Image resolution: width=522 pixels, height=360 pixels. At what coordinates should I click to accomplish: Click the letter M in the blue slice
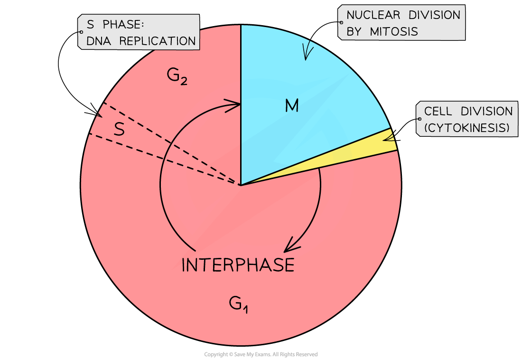click(292, 106)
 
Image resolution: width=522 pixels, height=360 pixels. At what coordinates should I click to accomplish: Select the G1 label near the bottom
click(238, 303)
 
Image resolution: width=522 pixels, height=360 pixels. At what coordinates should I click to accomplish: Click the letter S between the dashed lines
click(119, 130)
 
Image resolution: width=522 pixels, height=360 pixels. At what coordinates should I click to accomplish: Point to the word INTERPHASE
click(238, 265)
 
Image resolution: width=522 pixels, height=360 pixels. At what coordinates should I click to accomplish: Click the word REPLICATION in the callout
click(158, 41)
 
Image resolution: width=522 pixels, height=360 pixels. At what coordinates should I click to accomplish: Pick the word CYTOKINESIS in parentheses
click(467, 128)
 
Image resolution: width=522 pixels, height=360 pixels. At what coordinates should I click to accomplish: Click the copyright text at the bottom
click(261, 354)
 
